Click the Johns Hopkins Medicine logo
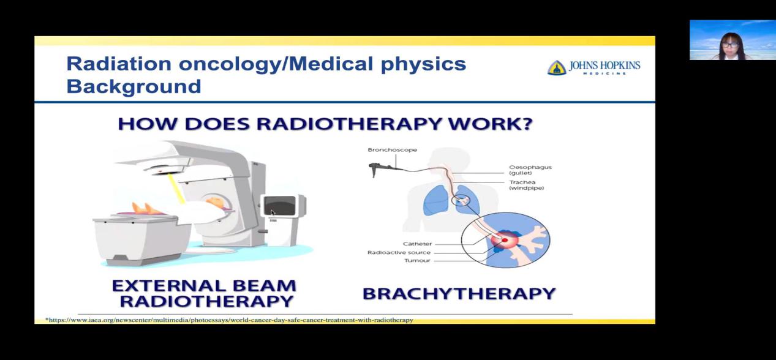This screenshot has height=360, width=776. click(x=593, y=67)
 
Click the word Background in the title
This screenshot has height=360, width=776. click(x=134, y=86)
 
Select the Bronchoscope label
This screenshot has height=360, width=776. click(x=392, y=150)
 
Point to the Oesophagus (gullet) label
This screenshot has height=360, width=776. click(x=530, y=170)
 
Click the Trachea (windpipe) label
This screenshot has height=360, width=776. click(x=527, y=185)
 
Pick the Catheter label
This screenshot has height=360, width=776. click(x=418, y=244)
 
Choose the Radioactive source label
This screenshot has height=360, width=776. click(x=399, y=253)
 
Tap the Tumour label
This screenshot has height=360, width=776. click(x=417, y=261)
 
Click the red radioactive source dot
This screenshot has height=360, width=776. click(x=505, y=240)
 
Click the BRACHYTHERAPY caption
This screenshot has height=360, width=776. click(x=459, y=294)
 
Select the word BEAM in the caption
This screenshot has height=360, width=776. click(x=264, y=286)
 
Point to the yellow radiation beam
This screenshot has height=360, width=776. click(x=175, y=189)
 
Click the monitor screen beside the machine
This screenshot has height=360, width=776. click(x=279, y=206)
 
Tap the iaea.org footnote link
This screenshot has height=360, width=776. click(x=229, y=320)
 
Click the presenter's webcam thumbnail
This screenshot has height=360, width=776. click(x=733, y=40)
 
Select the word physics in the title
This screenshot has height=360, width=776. click(x=423, y=65)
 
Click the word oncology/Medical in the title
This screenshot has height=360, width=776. click(x=276, y=65)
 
